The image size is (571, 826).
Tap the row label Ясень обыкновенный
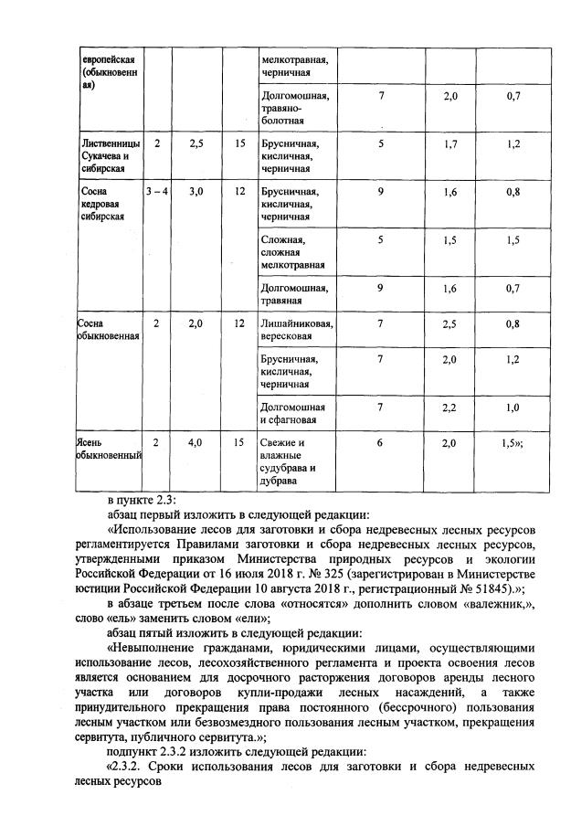tap(108, 449)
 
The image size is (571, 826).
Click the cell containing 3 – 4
tap(157, 193)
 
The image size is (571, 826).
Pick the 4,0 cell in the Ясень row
tap(194, 442)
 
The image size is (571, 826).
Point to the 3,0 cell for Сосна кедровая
tap(194, 193)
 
